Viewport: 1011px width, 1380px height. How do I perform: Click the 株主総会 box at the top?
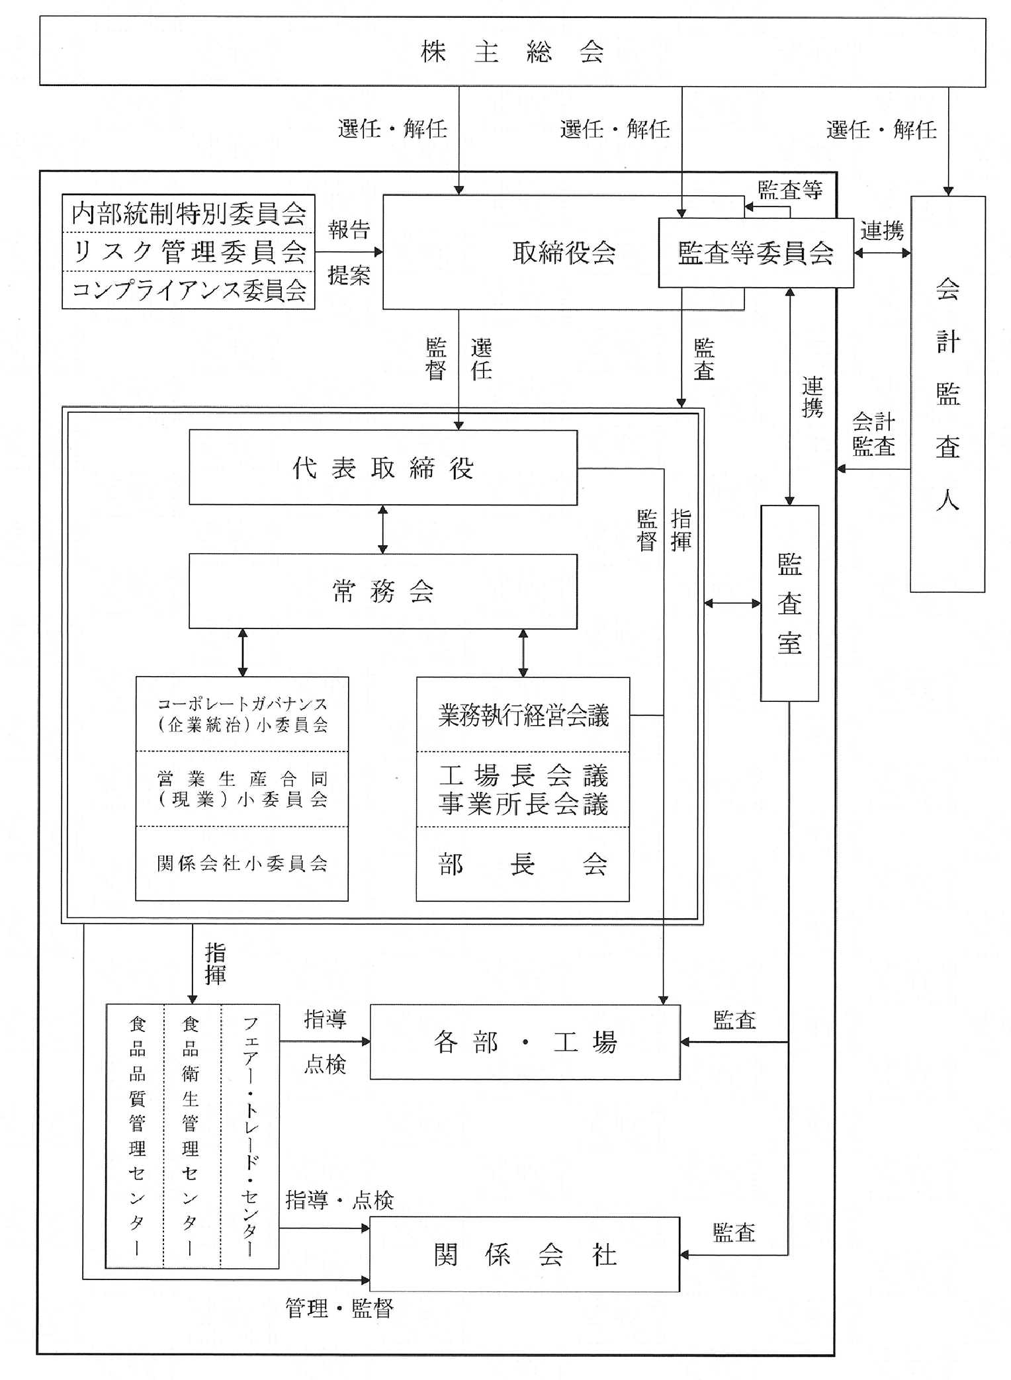pos(512,52)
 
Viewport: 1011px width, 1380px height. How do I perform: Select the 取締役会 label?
pos(564,253)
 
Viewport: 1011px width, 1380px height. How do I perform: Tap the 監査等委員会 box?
pos(756,253)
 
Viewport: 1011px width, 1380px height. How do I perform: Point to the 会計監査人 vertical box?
pos(947,394)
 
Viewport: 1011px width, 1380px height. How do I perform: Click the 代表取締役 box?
pos(383,468)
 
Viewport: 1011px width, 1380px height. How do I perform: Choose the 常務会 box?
pos(383,591)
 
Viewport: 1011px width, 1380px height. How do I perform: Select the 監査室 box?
pos(789,603)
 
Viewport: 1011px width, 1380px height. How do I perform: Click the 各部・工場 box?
pos(525,1043)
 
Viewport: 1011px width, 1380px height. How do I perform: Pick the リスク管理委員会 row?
pos(189,251)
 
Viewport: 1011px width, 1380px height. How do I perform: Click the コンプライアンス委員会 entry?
pos(189,290)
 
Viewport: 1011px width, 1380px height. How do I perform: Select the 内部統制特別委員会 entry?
pos(189,214)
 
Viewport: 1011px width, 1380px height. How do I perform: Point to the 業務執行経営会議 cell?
pos(523,715)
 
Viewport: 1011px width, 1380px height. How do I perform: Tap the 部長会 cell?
pos(523,864)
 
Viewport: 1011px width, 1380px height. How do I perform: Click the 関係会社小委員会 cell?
pos(242,864)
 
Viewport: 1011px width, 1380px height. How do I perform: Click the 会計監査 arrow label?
pos(873,435)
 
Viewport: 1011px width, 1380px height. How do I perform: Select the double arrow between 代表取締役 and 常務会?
pos(382,529)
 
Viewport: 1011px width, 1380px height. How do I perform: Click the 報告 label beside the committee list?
pos(349,230)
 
